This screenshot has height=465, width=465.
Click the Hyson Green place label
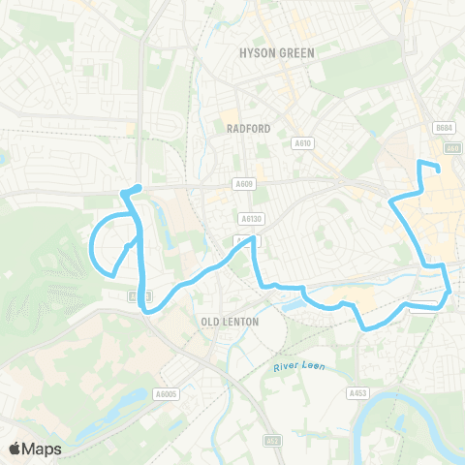click(276, 52)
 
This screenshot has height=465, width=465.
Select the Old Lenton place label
click(224, 320)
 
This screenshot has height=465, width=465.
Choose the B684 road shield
click(444, 128)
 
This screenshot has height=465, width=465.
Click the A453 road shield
click(357, 393)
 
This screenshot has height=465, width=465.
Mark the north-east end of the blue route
click(439, 171)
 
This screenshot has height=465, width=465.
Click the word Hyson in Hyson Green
click(257, 52)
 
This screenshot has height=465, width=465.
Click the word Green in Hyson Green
click(295, 52)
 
